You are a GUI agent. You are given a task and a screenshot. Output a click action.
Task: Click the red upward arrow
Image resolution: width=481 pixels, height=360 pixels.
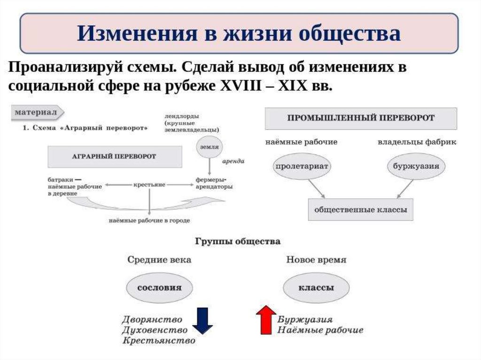pos(266,320)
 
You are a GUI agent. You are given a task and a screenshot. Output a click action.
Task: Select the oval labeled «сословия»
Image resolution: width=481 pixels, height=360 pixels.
pos(160,288)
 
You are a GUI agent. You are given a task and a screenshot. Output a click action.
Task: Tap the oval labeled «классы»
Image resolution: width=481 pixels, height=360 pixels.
pos(316,288)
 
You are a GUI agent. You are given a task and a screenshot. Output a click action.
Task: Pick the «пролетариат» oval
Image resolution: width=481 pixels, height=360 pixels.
pos(302,166)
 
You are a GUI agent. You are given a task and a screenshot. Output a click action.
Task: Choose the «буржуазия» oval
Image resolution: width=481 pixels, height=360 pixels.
pos(416,166)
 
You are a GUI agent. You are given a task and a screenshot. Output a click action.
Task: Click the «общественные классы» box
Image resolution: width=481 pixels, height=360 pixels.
pos(361,210)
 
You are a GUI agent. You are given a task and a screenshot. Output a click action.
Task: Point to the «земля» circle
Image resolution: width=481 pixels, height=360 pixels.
pos(209,147)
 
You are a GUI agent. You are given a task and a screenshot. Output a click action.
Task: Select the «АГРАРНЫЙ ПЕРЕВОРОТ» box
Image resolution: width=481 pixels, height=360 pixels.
pos(115,157)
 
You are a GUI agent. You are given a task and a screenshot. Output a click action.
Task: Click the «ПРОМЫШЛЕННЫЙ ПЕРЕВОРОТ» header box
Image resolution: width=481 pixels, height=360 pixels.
pos(361,118)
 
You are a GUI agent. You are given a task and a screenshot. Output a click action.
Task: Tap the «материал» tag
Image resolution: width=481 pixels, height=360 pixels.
pos(38,113)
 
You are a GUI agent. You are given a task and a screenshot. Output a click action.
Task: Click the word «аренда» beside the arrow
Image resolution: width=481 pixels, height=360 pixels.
pos(233,161)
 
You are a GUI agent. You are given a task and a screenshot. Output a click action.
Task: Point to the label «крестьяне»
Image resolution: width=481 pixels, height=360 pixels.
pos(149,184)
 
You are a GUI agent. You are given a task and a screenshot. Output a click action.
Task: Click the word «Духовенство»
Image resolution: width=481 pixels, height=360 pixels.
pos(155,330)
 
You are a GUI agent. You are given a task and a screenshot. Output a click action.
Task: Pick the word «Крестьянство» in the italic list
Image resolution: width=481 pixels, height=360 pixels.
pos(159,340)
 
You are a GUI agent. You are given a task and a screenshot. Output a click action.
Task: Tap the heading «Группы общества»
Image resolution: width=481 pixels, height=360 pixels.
pos(238,241)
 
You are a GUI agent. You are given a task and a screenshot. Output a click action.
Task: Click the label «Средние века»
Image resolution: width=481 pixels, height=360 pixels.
pos(159,260)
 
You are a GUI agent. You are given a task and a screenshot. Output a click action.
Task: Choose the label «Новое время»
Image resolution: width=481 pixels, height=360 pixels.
pos(316,260)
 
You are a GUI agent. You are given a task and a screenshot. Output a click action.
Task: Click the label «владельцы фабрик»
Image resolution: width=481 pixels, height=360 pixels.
pos(417,142)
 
